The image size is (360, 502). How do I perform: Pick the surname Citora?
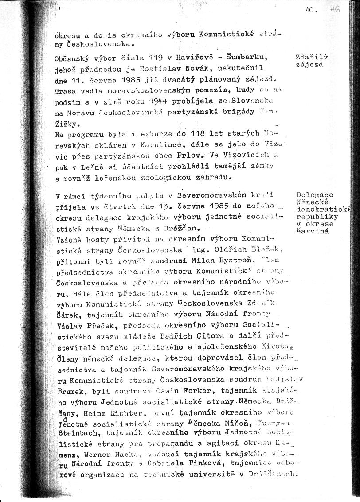[200, 337]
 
